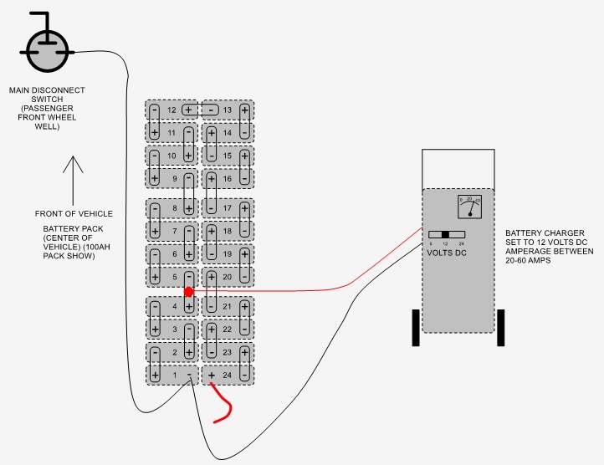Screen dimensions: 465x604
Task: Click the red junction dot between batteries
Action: point(189,292)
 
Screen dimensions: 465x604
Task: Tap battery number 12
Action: point(172,110)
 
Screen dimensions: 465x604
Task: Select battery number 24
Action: point(228,376)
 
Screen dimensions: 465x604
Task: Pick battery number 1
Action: point(172,376)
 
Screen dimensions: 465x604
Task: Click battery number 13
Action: point(228,110)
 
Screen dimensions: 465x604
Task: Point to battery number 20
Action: point(228,277)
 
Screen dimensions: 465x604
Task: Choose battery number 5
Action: point(172,277)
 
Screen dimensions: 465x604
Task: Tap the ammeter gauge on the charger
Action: point(470,206)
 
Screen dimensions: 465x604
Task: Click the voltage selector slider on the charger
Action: point(446,234)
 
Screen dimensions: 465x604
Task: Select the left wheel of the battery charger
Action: point(415,327)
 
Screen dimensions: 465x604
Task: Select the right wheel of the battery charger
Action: point(501,327)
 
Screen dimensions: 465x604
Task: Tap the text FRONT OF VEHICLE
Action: point(74,214)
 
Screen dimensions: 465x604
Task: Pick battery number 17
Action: point(228,208)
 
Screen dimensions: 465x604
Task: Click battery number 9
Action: point(172,178)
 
